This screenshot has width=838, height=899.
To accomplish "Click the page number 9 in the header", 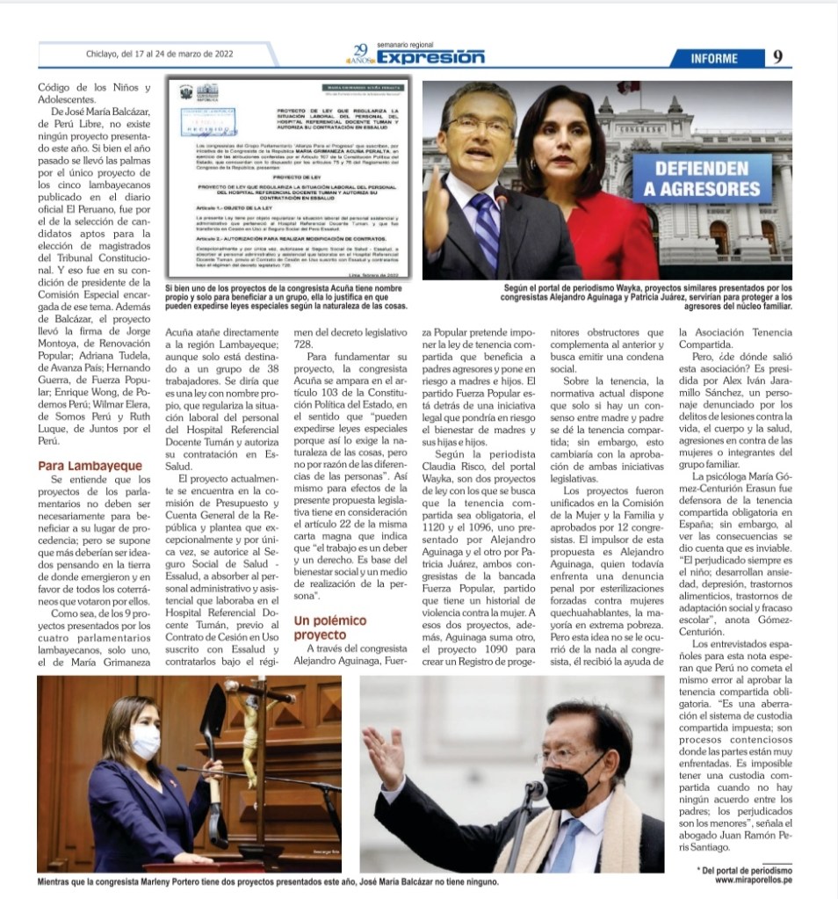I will click(x=778, y=58).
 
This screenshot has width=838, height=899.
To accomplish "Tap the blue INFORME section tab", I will click(x=713, y=58).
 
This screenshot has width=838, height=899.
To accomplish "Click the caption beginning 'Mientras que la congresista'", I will click(x=268, y=881).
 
